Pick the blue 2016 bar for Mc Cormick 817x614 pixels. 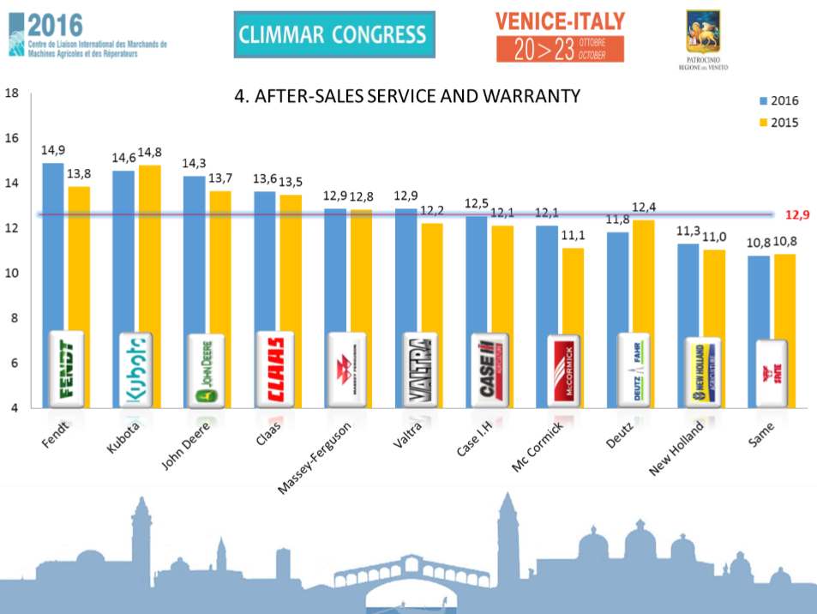point(546,283)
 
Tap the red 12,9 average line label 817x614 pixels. point(797,215)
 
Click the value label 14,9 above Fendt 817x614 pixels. point(53,150)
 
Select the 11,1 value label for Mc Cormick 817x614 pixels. point(573,236)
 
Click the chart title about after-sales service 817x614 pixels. point(407,95)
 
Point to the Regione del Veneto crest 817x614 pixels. point(703,33)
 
